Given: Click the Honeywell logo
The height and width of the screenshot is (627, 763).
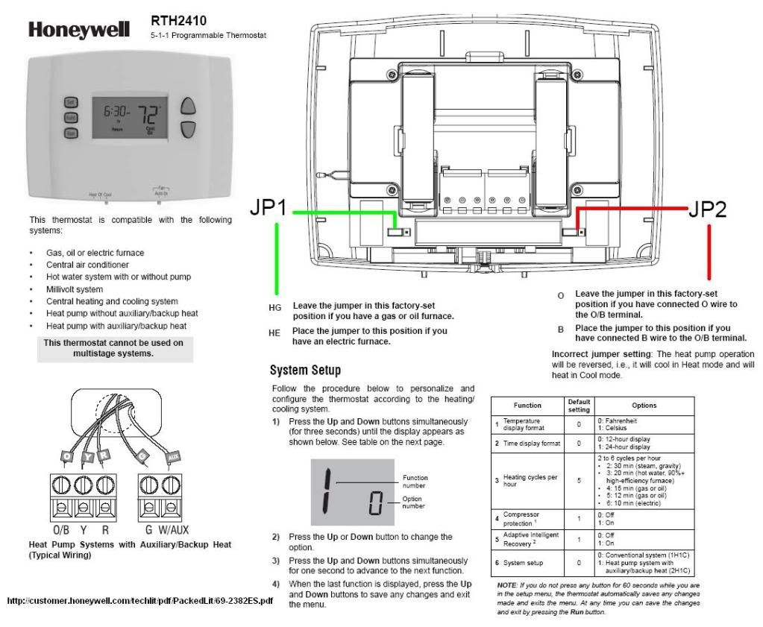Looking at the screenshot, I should [79, 30].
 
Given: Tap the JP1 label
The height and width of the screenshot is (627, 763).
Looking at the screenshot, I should [269, 210].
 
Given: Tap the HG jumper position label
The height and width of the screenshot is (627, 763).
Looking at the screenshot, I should [274, 307].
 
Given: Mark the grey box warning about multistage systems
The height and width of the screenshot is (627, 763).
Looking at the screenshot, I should [113, 348].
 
